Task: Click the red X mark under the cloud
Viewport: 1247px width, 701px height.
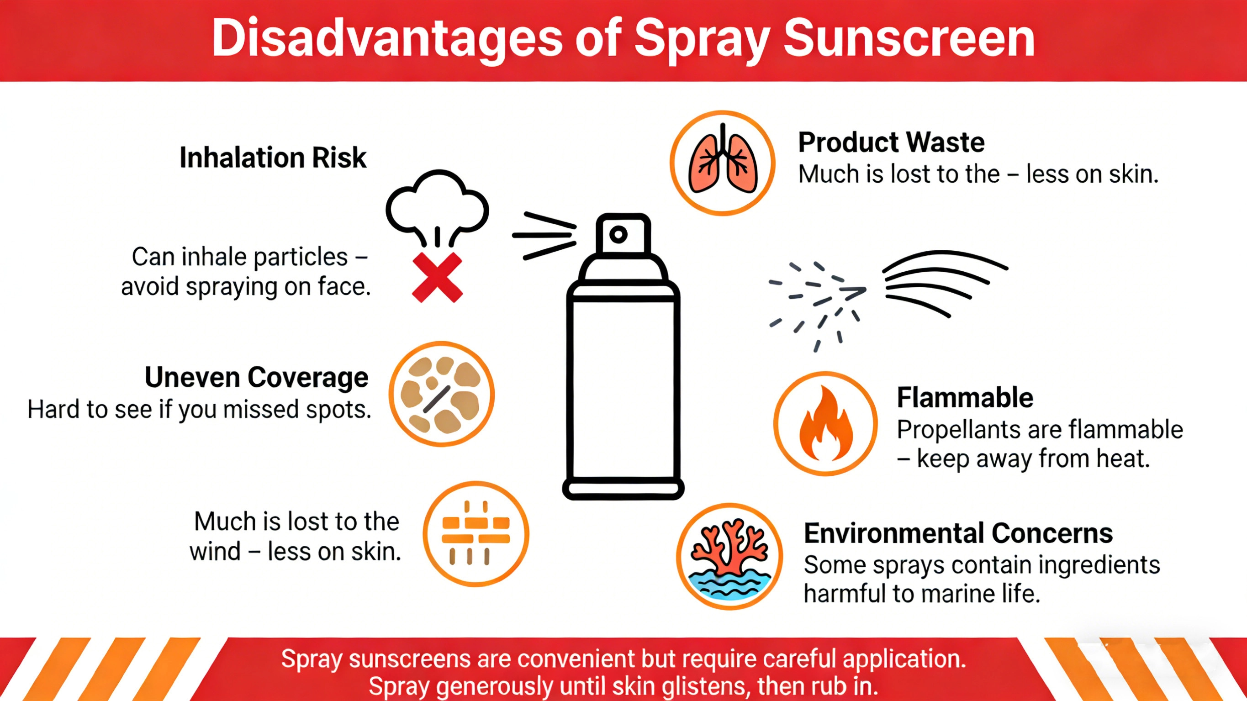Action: (x=437, y=277)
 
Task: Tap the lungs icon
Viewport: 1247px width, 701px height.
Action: (x=722, y=163)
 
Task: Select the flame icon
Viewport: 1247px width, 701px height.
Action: (x=825, y=424)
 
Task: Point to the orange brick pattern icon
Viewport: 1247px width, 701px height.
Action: (x=476, y=533)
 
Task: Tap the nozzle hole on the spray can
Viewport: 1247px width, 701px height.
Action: (x=618, y=235)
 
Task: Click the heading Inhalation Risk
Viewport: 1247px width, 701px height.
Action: (x=273, y=158)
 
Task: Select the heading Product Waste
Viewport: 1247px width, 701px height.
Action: (x=891, y=142)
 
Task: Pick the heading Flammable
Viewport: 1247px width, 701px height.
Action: (x=965, y=398)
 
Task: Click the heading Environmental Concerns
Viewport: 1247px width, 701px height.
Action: (x=958, y=533)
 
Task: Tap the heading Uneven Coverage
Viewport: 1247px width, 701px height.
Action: (x=256, y=378)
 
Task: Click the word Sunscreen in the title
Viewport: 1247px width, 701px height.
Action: (x=909, y=39)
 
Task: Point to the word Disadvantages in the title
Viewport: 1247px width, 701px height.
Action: (x=387, y=39)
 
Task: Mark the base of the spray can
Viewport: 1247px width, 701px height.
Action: (x=623, y=489)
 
